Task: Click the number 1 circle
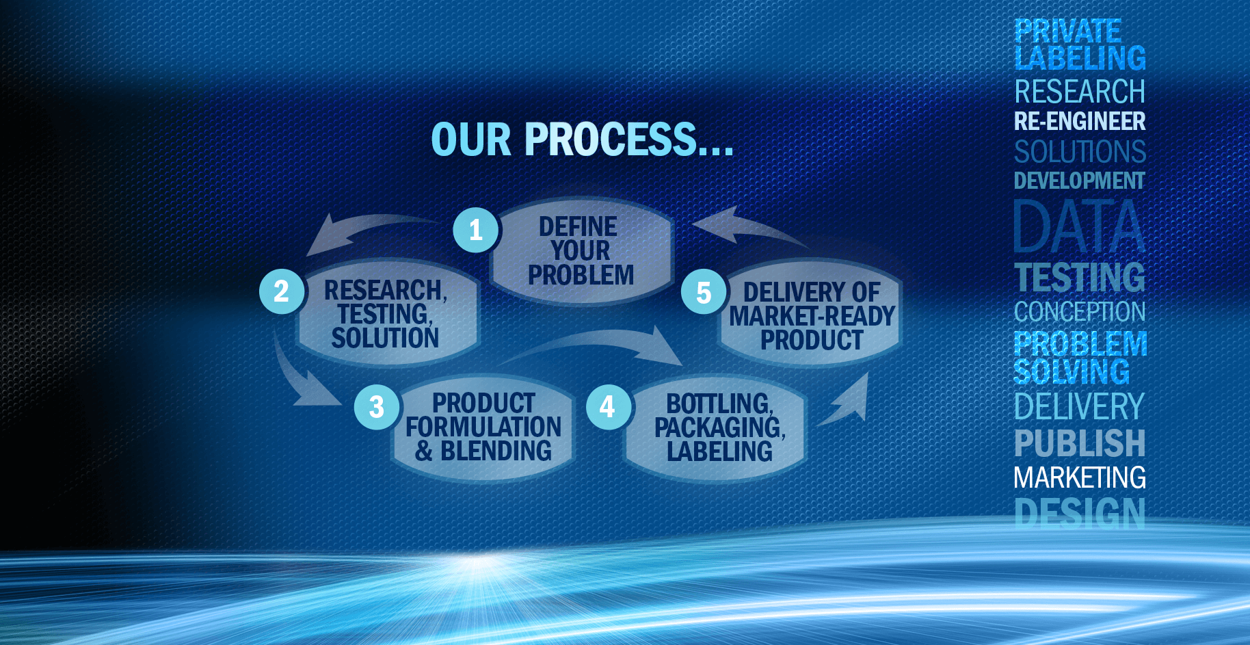pyautogui.click(x=477, y=230)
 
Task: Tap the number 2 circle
pyautogui.click(x=282, y=291)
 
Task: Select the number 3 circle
pyautogui.click(x=377, y=407)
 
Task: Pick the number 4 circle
pyautogui.click(x=608, y=407)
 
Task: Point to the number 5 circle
pyautogui.click(x=704, y=292)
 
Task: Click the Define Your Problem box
pyautogui.click(x=581, y=250)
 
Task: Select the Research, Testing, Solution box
pyautogui.click(x=387, y=313)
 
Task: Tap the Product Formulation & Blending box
pyautogui.click(x=483, y=427)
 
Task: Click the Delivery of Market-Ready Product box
pyautogui.click(x=811, y=315)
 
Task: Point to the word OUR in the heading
pyautogui.click(x=471, y=140)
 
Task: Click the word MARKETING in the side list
pyautogui.click(x=1080, y=477)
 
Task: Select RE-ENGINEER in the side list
pyautogui.click(x=1080, y=121)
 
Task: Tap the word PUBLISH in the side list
pyautogui.click(x=1080, y=443)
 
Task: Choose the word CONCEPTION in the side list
pyautogui.click(x=1080, y=312)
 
